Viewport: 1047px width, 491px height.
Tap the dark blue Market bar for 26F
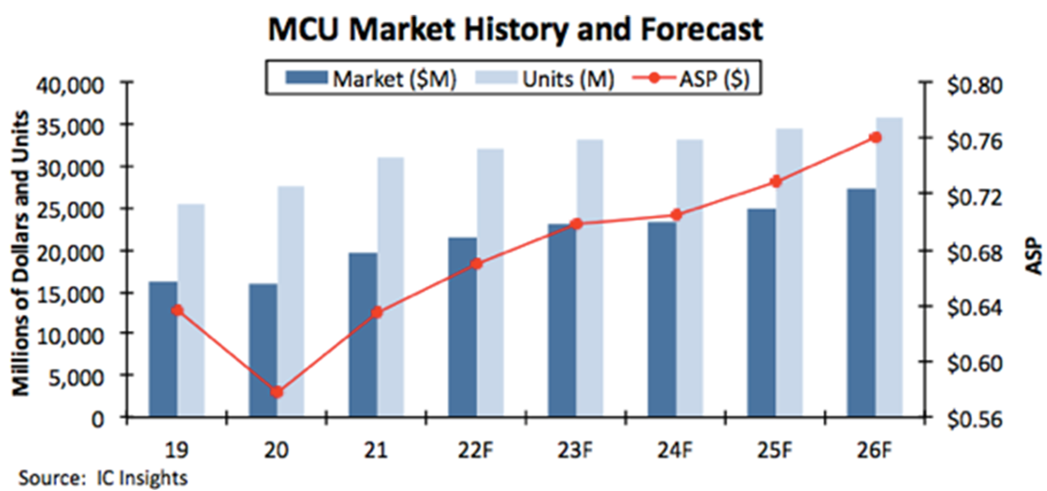(x=861, y=303)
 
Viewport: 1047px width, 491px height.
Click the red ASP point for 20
(x=277, y=392)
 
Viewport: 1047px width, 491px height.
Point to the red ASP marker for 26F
(x=875, y=138)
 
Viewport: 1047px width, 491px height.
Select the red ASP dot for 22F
(x=477, y=264)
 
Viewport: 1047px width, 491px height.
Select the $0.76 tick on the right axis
(x=974, y=141)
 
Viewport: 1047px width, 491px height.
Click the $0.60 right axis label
(x=974, y=363)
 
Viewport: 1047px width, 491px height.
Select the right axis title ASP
(x=1034, y=257)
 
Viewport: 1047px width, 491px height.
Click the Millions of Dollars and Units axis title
(x=21, y=253)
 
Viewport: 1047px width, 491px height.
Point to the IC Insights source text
(x=142, y=478)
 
